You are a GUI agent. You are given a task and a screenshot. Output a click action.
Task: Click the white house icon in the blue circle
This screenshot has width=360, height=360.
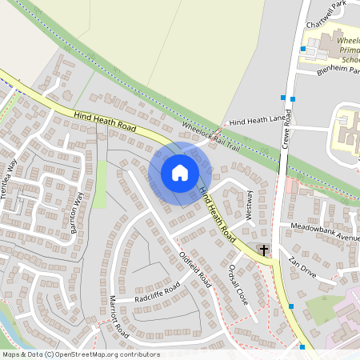pos(180,172)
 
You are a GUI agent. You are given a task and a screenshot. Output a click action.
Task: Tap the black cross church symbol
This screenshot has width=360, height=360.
pos(263,250)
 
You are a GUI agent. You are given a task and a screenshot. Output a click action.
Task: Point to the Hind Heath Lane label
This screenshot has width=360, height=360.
pos(257,121)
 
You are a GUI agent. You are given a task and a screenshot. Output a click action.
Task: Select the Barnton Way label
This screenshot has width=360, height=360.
pos(78,210)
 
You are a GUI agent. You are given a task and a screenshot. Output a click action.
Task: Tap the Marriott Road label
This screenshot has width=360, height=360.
pos(118,316)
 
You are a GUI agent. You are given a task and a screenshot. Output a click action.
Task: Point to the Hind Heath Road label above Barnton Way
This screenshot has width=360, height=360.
pos(104,122)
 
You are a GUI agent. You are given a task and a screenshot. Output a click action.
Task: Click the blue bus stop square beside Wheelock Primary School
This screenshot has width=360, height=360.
pos(302,49)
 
